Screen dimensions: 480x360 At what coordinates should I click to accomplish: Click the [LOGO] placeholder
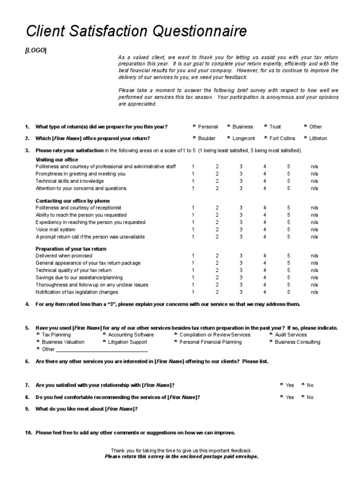click(36, 50)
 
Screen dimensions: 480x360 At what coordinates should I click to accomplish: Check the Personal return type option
click(195, 127)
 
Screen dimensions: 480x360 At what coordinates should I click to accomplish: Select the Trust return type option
click(266, 127)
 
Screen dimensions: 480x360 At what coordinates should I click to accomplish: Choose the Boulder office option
click(195, 138)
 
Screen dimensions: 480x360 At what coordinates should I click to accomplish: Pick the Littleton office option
click(306, 138)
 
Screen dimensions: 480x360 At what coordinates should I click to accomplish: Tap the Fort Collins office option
click(266, 138)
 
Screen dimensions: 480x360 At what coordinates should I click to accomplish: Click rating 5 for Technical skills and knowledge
click(289, 181)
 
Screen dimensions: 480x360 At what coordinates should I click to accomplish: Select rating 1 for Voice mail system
click(193, 230)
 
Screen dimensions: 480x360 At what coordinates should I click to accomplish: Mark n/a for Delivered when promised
click(314, 256)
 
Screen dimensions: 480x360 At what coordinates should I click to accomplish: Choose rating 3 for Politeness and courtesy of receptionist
click(241, 207)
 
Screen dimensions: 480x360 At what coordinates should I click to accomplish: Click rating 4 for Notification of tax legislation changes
click(265, 292)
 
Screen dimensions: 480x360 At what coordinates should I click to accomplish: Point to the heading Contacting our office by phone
click(73, 201)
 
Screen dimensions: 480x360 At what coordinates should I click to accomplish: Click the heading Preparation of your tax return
click(71, 249)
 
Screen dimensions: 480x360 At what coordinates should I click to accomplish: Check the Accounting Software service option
click(104, 335)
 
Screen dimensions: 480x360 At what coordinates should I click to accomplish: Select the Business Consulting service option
click(271, 342)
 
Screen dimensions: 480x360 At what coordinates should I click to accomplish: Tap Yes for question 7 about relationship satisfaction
click(281, 385)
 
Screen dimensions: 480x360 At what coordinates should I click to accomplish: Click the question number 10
click(28, 433)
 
